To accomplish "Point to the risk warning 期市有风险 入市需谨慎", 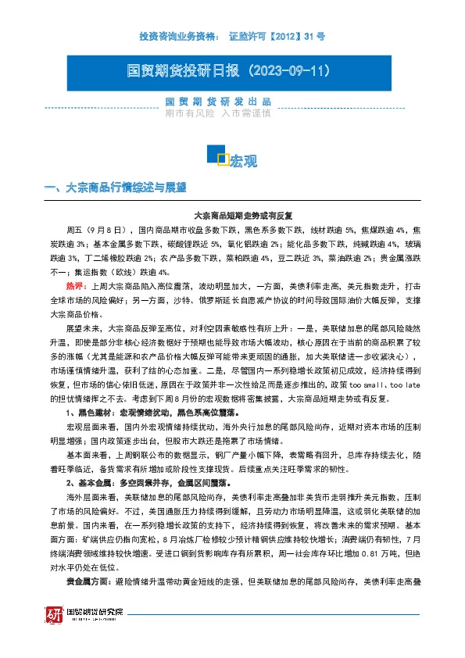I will (x=218, y=113).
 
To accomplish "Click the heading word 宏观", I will (x=243, y=162).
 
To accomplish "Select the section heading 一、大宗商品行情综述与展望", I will (x=116, y=188).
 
